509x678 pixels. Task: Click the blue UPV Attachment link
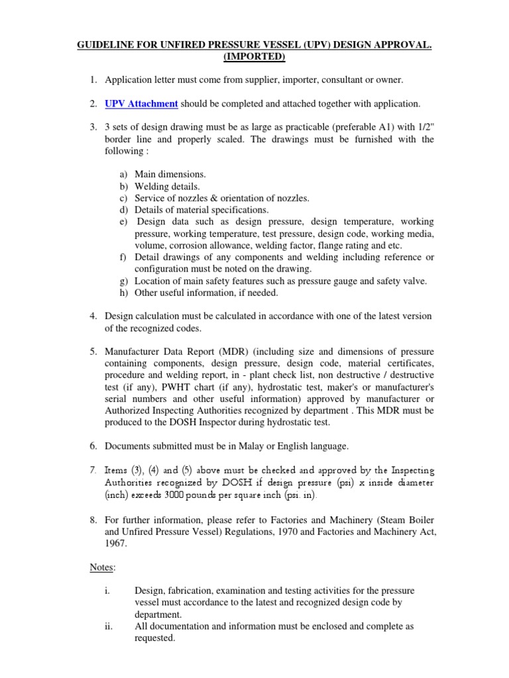(x=141, y=103)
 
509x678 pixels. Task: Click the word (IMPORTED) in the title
(x=254, y=57)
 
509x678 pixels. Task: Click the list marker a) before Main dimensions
(x=124, y=174)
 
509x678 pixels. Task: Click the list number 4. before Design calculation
(x=93, y=316)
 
